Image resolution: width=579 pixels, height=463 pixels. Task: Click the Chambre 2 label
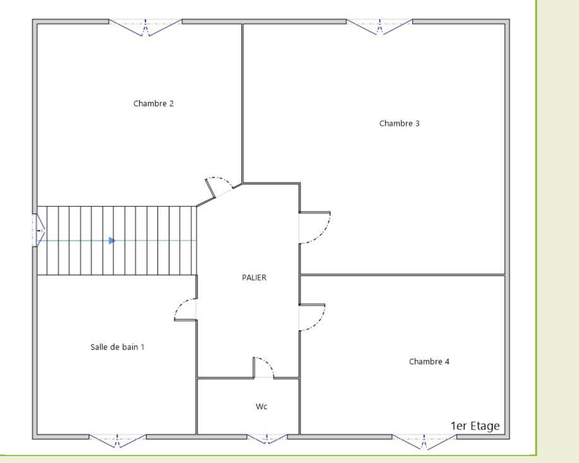point(153,104)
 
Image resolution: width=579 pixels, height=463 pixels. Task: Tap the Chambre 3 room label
point(399,123)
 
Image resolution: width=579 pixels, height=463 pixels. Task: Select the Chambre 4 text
point(429,361)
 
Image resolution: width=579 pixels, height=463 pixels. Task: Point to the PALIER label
point(254,277)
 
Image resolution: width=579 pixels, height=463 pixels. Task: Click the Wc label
point(261,406)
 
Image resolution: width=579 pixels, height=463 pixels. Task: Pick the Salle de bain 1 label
point(117,347)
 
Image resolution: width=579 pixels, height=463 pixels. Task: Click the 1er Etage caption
point(475,426)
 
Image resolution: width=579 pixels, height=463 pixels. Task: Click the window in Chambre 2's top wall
point(145,27)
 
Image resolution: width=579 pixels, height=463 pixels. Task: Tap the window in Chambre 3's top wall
point(379,26)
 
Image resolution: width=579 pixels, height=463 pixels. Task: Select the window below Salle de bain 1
point(117,440)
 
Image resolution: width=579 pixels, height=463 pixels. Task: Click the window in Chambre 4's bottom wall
point(424,441)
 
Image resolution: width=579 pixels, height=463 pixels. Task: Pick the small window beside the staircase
point(39,230)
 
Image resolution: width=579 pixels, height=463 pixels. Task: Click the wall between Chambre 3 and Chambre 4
point(402,275)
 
